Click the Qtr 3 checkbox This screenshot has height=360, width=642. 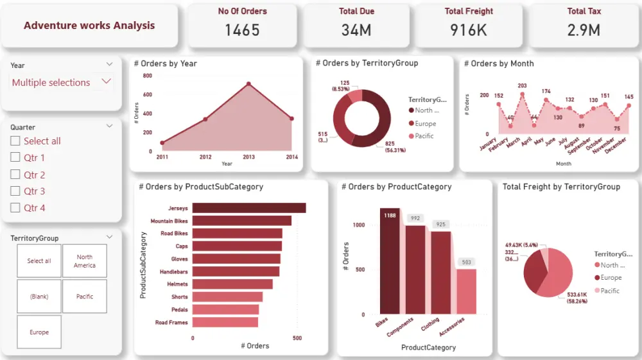pyautogui.click(x=15, y=191)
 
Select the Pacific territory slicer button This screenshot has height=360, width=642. pyautogui.click(x=85, y=296)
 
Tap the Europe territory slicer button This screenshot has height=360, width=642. pyautogui.click(x=39, y=332)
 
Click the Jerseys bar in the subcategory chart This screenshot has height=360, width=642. pyautogui.click(x=248, y=208)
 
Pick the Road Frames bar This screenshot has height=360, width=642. pyautogui.click(x=225, y=322)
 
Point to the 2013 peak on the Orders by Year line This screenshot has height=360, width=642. pyautogui.click(x=248, y=84)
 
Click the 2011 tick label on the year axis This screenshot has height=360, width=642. pyautogui.click(x=162, y=157)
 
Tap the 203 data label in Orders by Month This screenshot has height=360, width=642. pyautogui.click(x=522, y=86)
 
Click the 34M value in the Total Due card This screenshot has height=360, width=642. pyautogui.click(x=356, y=30)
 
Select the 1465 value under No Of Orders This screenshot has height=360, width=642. pyautogui.click(x=242, y=30)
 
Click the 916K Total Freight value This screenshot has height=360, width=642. pyautogui.click(x=468, y=30)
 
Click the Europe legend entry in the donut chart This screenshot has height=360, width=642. pyautogui.click(x=424, y=123)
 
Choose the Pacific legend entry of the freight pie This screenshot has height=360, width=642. pyautogui.click(x=609, y=291)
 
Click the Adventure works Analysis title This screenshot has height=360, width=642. pyautogui.click(x=89, y=26)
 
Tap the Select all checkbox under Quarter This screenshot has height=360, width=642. pyautogui.click(x=15, y=141)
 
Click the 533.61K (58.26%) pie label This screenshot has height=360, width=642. pyautogui.click(x=573, y=296)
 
